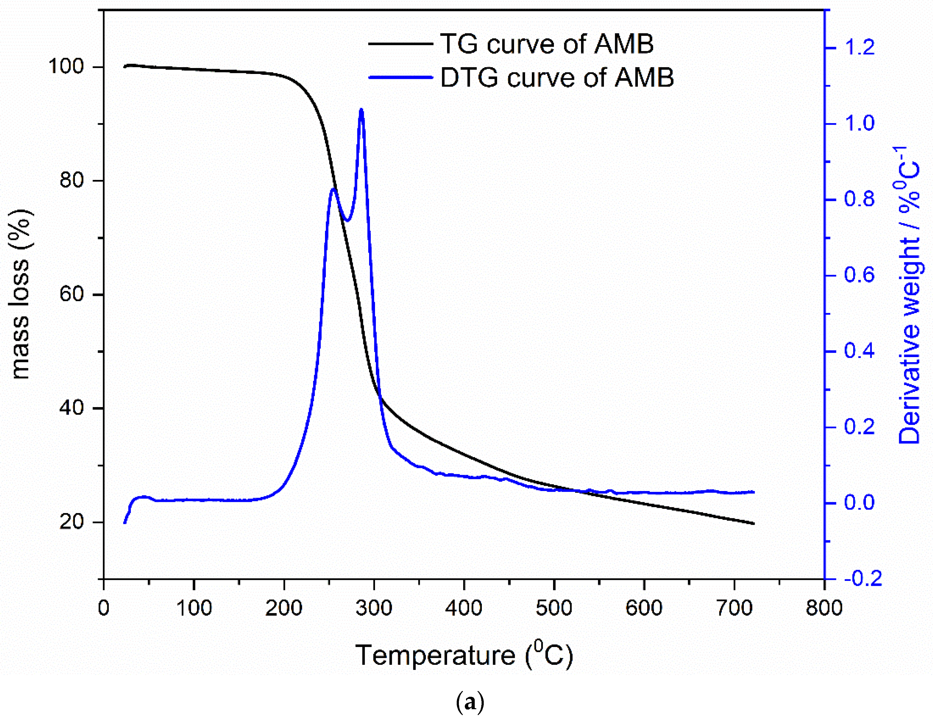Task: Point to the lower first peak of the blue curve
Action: [333, 189]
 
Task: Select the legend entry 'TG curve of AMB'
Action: [547, 44]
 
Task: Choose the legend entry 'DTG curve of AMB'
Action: [557, 77]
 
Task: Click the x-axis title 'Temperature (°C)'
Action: [464, 655]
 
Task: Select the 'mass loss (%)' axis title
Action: [20, 294]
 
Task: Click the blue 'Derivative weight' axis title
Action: [909, 295]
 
